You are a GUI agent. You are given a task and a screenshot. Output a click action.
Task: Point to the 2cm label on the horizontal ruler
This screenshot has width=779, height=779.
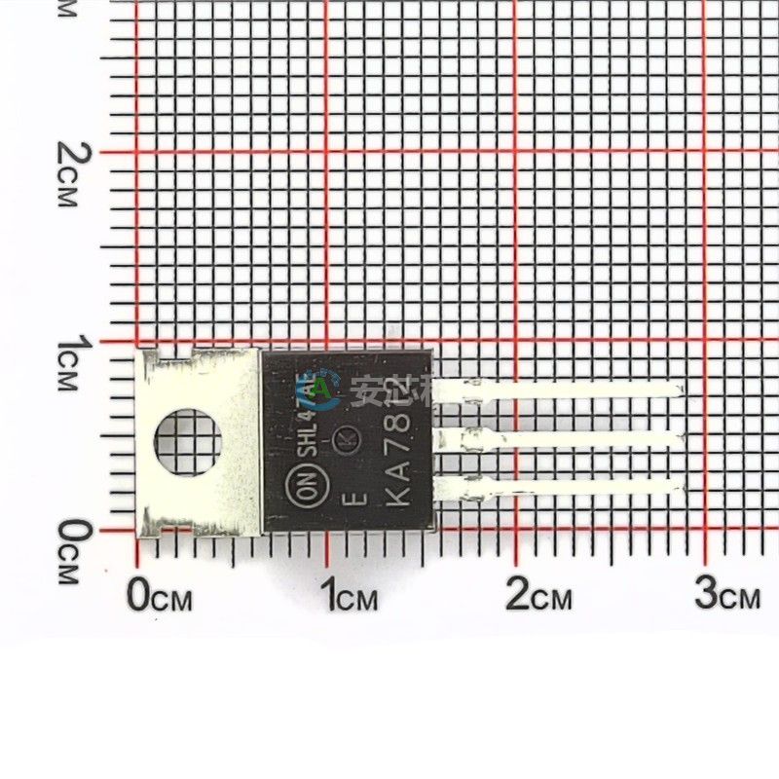click(538, 594)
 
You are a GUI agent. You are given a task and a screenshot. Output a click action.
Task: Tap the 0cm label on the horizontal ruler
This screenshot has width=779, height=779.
click(159, 594)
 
